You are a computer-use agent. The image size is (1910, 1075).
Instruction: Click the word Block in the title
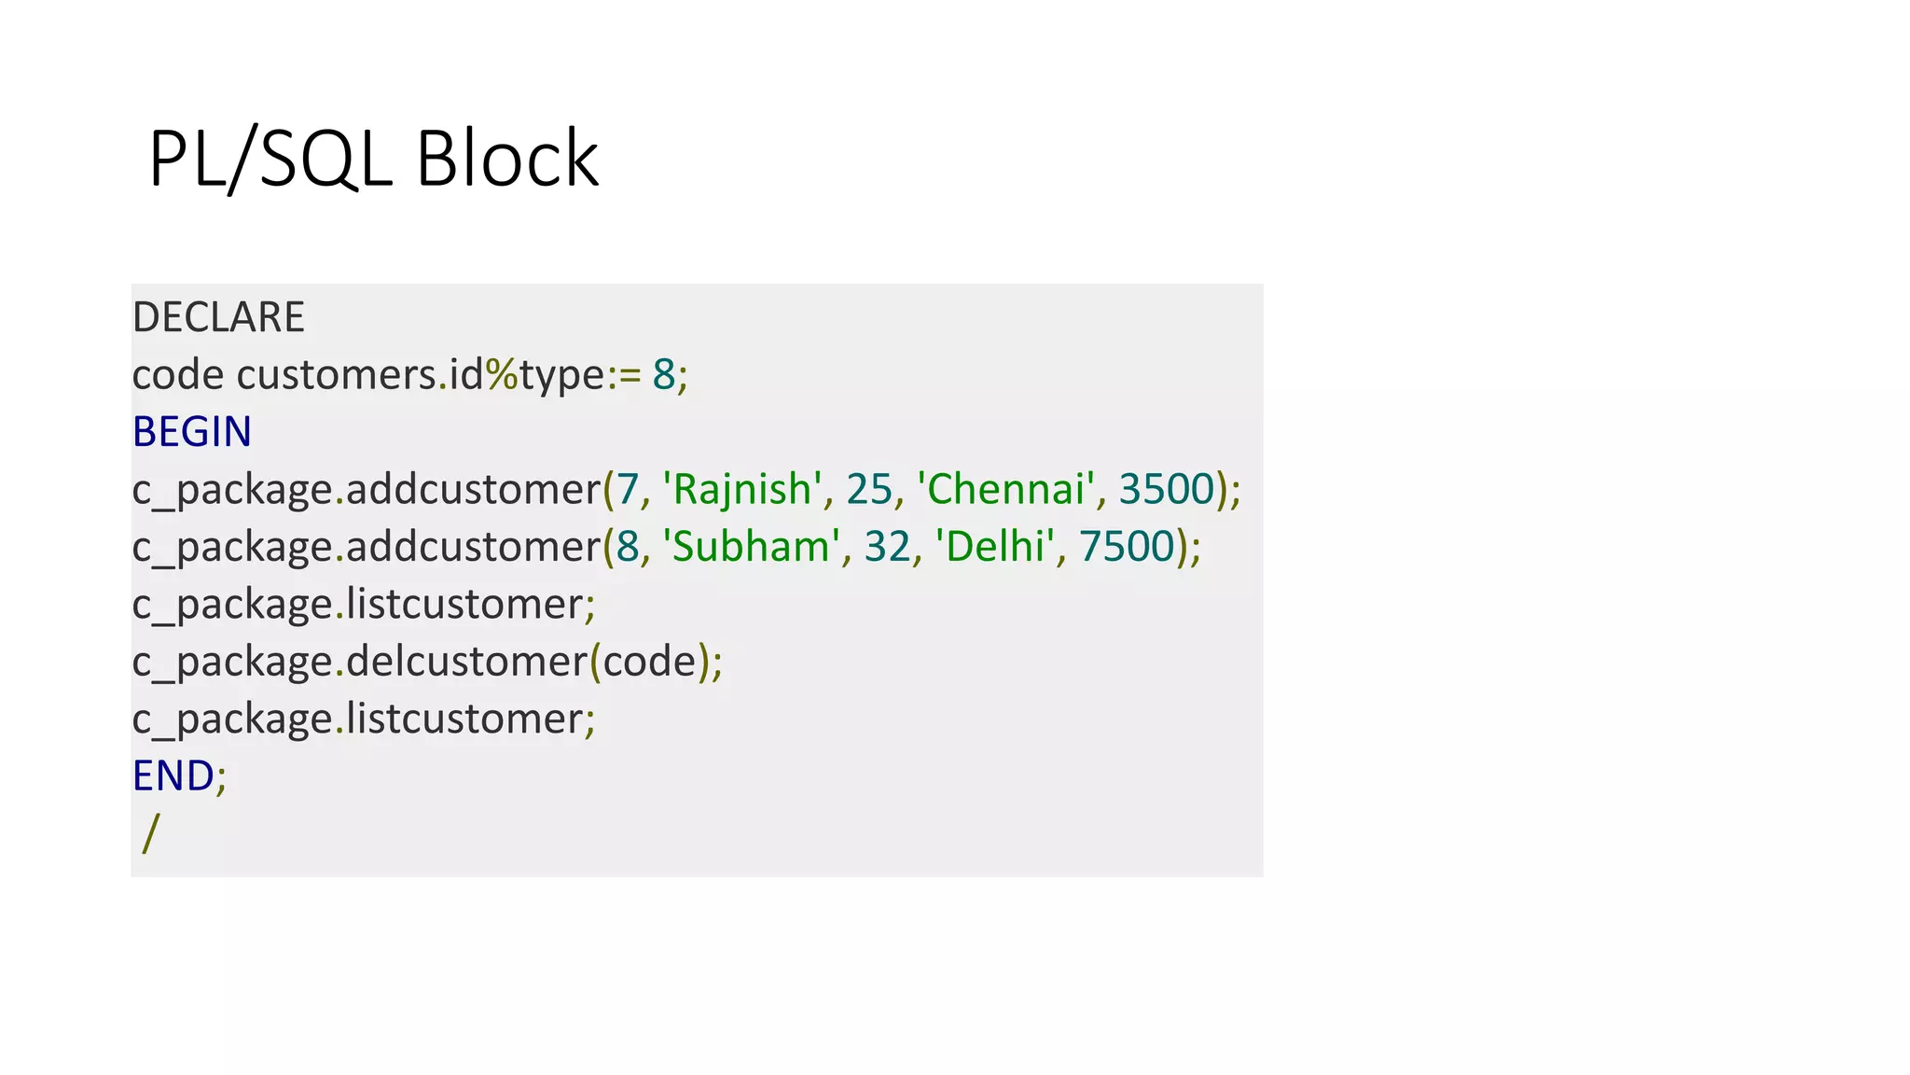click(506, 159)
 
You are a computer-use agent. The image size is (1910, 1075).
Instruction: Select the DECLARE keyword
click(218, 317)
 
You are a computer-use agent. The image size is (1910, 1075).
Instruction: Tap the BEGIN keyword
click(192, 432)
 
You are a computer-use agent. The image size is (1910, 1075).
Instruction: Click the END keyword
click(173, 775)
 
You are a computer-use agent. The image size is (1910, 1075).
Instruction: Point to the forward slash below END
click(151, 832)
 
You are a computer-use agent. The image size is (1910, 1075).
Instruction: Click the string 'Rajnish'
click(741, 489)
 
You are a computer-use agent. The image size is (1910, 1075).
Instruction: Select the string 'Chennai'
click(1005, 489)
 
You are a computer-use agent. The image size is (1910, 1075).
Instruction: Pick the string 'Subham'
click(751, 547)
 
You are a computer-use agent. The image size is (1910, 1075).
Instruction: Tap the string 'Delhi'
click(995, 547)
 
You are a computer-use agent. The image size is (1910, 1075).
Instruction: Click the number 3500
click(1166, 489)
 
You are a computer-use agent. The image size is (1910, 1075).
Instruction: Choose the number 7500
click(1126, 547)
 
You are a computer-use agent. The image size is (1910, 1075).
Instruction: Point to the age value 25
click(869, 489)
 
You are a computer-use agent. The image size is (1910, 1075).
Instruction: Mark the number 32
click(887, 547)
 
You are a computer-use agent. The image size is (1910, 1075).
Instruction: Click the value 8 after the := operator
click(663, 375)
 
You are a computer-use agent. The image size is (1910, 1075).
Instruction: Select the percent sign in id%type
click(501, 375)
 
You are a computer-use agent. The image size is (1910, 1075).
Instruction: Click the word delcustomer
click(466, 662)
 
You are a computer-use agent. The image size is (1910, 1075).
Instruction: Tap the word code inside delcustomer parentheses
click(650, 662)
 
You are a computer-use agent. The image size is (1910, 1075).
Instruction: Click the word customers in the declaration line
click(337, 375)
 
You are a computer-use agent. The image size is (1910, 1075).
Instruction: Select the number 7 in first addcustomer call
click(627, 489)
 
